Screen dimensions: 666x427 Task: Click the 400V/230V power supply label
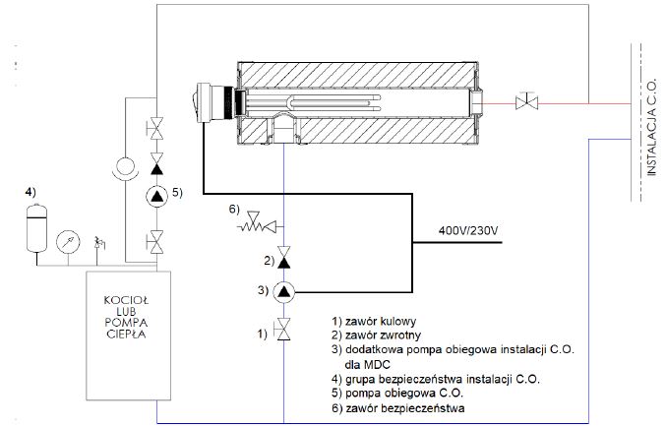point(468,231)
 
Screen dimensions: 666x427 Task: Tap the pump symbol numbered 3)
point(283,291)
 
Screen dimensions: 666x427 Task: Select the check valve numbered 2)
point(283,257)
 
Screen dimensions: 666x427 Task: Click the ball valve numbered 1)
point(283,329)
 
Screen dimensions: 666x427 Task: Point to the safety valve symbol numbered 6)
point(258,221)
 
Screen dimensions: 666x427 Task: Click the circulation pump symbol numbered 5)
point(157,196)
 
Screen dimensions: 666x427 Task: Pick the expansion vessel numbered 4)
point(36,228)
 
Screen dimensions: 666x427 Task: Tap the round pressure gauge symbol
point(68,242)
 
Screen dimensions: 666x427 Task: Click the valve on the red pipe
point(526,102)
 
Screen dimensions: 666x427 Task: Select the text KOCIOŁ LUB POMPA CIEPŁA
point(126,317)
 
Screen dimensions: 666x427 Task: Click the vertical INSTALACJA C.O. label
point(651,127)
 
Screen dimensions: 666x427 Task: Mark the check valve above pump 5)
point(157,164)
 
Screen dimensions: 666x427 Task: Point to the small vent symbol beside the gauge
point(99,243)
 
